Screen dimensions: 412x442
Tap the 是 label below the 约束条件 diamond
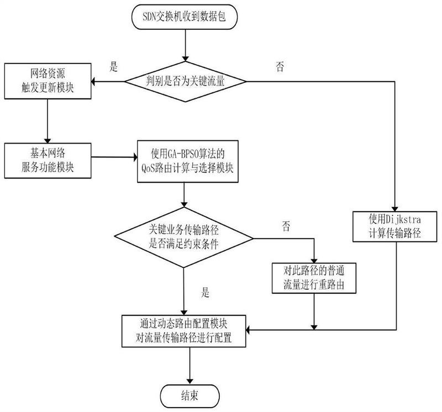coord(206,293)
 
